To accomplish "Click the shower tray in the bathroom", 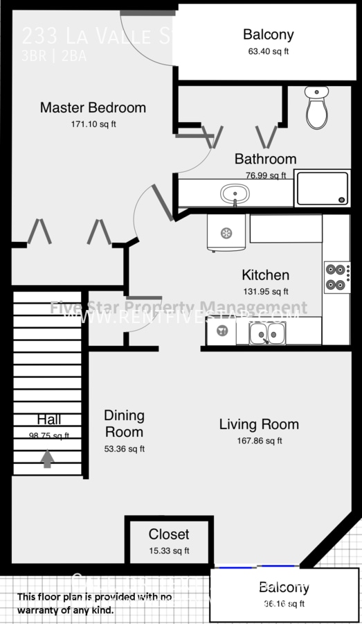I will pos(323,188).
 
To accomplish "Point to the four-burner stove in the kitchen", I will pos(336,277).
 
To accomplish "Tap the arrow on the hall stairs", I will pos(47,459).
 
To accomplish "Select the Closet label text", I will pos(169,535).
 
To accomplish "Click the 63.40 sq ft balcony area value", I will pos(268,51).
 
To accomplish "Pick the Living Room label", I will pos(259,424).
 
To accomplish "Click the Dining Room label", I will pos(124,424).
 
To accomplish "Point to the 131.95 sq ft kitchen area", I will pos(265,292).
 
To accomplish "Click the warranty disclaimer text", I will pos(94,603).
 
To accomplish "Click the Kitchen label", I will pos(265,275).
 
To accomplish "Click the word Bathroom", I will pos(265,159).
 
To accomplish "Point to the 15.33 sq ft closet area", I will pos(169,551).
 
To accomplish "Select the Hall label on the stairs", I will pos(48,419).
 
